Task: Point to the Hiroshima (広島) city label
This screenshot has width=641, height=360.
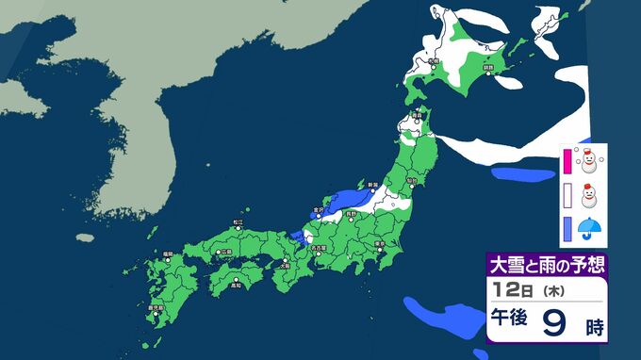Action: pyautogui.click(x=225, y=253)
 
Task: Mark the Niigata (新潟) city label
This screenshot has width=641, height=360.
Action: pyautogui.click(x=372, y=185)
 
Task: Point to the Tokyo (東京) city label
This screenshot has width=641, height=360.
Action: pyautogui.click(x=379, y=242)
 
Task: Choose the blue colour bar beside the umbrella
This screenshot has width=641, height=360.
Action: pyautogui.click(x=567, y=228)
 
